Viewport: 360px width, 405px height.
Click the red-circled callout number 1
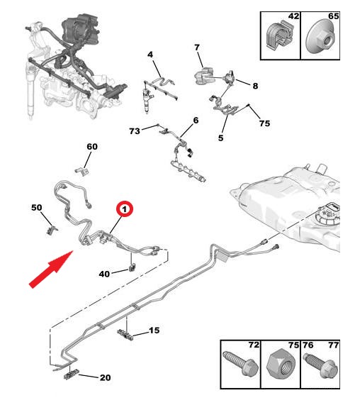tap(125, 209)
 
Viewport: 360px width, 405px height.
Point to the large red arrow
tap(51, 269)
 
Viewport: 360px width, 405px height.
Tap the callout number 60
tap(92, 147)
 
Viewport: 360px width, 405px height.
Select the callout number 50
tap(37, 207)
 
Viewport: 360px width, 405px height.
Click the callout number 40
tap(104, 274)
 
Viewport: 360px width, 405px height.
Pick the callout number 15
tap(154, 330)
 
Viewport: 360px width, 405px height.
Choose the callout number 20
tap(106, 377)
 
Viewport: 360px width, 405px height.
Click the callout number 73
tap(135, 131)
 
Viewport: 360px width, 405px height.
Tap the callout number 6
tap(196, 121)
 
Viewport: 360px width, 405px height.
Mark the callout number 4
tap(150, 55)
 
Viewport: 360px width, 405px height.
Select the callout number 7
tap(197, 48)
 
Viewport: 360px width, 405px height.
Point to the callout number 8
tap(255, 86)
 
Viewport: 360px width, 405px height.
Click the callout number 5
tap(220, 138)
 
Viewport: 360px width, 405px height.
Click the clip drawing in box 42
tap(280, 37)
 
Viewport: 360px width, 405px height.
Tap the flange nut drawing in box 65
tap(320, 38)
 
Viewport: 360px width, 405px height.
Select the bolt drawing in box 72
tap(240, 364)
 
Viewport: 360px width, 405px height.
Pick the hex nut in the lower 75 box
tap(281, 364)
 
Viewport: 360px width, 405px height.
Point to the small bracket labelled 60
tap(82, 172)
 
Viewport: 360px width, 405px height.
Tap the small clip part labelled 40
tap(133, 267)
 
